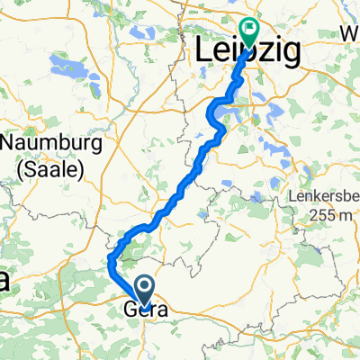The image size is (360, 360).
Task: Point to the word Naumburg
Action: [43, 144]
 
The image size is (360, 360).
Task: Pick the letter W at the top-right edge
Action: [350, 33]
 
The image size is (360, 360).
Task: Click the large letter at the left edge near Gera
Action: [5, 280]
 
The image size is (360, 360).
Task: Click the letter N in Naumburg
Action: [11, 144]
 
